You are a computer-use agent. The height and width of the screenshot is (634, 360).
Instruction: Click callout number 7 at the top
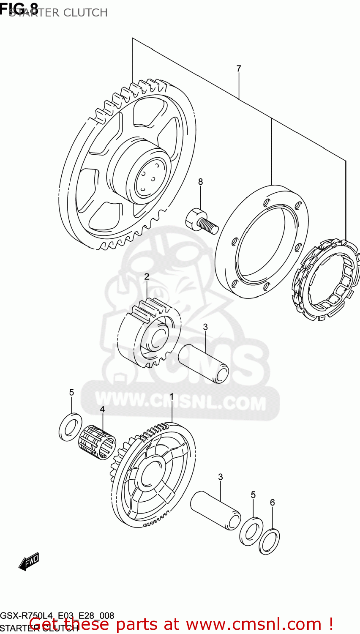pos(239,68)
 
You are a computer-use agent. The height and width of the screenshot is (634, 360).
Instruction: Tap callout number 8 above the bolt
pos(200,182)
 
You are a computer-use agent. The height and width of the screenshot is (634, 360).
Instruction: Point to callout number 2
pos(147,277)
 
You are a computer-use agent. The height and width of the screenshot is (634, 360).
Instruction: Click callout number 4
pos(102,409)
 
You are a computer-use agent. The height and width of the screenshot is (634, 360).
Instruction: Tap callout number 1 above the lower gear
pos(172,396)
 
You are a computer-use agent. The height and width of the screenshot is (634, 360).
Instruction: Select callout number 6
pos(272,503)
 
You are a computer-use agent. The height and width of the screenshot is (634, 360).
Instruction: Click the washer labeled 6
pos(269,541)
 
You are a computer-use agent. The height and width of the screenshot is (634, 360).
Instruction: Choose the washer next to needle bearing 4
pos(71,427)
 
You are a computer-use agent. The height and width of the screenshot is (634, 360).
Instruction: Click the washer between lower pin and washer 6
pos(251,530)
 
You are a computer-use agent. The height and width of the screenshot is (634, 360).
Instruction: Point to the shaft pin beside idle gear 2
pos(203,364)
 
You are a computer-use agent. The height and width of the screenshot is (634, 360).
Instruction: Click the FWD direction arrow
pos(29,562)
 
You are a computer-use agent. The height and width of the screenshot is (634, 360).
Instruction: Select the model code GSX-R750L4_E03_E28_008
pos(57,615)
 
